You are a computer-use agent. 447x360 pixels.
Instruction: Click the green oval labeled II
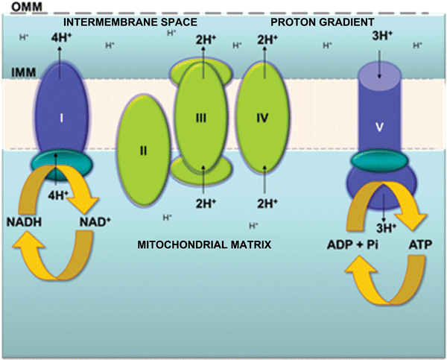pyautogui.click(x=143, y=151)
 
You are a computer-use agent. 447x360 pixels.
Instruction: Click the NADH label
pyautogui.click(x=25, y=222)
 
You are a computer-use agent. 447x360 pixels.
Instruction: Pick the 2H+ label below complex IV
pyautogui.click(x=261, y=203)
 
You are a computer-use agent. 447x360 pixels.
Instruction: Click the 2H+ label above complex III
pyautogui.click(x=203, y=40)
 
